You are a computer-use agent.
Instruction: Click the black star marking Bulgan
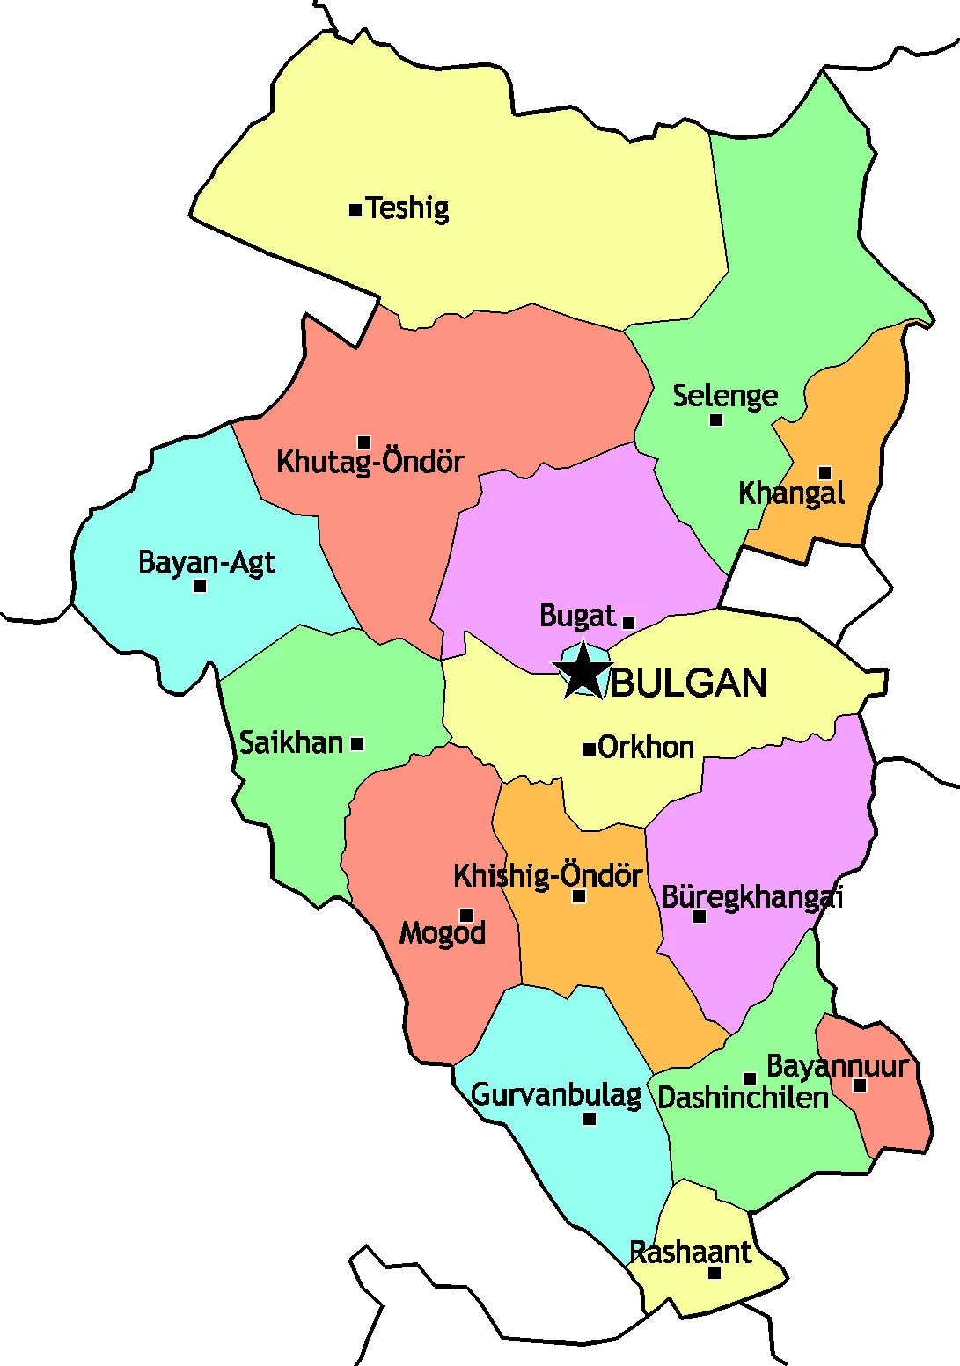click(583, 672)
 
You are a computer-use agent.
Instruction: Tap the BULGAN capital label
click(689, 683)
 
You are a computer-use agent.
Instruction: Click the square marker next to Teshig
click(355, 210)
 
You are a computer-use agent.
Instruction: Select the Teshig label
click(407, 208)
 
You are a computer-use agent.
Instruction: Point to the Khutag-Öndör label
click(370, 462)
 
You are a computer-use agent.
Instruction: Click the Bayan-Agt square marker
click(200, 586)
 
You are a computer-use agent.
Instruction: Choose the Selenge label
click(725, 396)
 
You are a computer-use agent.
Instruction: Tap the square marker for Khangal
click(824, 473)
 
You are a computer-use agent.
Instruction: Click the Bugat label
click(577, 617)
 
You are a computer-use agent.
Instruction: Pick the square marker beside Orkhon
click(590, 749)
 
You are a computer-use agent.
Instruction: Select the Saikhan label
click(291, 743)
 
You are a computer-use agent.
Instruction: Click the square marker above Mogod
click(466, 916)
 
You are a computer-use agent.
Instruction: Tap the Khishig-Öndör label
click(547, 876)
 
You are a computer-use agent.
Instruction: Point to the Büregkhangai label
click(752, 897)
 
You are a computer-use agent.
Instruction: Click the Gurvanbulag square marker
click(590, 1119)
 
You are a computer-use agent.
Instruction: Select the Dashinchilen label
click(744, 1098)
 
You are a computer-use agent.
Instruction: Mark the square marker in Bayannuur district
click(860, 1085)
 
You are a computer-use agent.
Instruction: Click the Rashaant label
click(691, 1253)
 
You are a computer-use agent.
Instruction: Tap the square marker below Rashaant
click(715, 1273)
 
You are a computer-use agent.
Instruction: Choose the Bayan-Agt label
click(207, 562)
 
